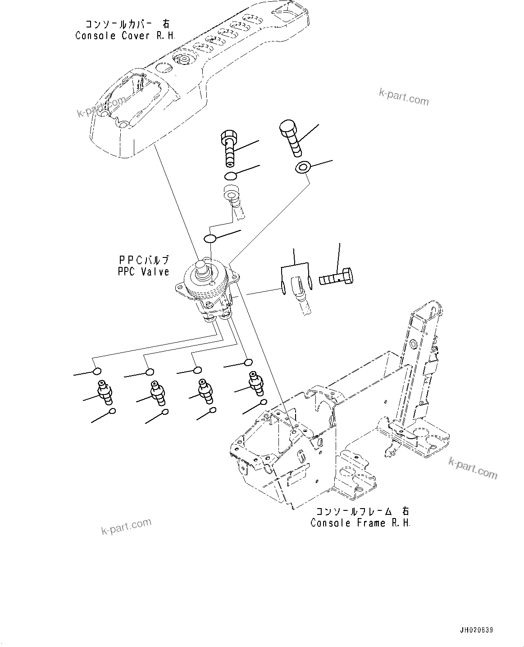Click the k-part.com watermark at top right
point(404,96)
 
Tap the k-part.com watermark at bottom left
point(126,526)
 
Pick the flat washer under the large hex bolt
point(302,168)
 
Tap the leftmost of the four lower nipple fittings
point(105,391)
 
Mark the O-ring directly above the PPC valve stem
point(210,238)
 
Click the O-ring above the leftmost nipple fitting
point(96,371)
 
